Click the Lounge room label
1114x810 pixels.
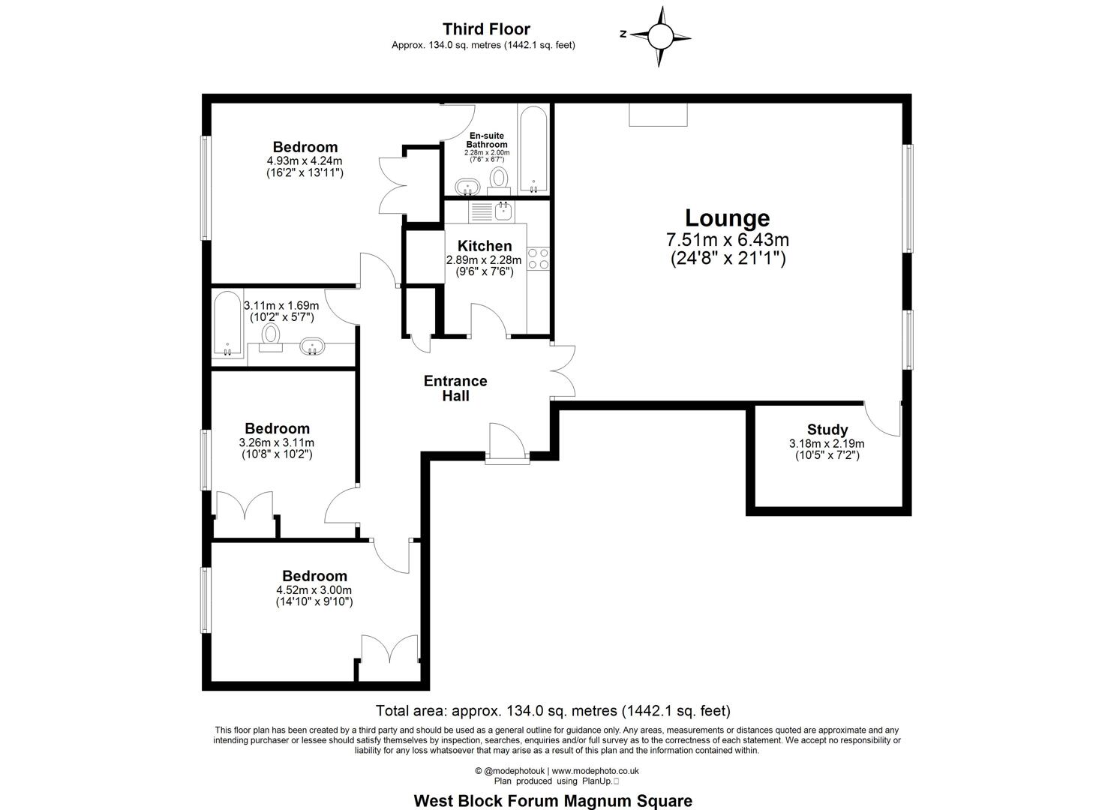coord(727,217)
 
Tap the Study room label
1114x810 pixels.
coord(827,429)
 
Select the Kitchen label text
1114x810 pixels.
coord(485,246)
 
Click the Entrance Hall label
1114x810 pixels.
coord(455,388)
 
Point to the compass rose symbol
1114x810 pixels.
coord(660,36)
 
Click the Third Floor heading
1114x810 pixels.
coord(486,28)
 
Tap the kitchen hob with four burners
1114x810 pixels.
coord(539,259)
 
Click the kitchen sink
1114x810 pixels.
coord(504,211)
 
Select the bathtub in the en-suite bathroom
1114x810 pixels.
coord(533,149)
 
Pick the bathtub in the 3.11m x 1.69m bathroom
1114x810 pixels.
coord(227,323)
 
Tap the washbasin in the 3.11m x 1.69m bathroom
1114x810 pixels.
coord(312,346)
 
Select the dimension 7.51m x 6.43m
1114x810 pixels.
coord(728,240)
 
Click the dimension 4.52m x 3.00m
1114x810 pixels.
coord(314,589)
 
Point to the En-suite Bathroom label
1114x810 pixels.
coord(486,139)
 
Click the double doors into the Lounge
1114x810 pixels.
coord(563,371)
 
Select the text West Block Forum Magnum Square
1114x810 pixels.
coord(553,800)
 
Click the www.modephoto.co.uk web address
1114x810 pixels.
coord(595,771)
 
